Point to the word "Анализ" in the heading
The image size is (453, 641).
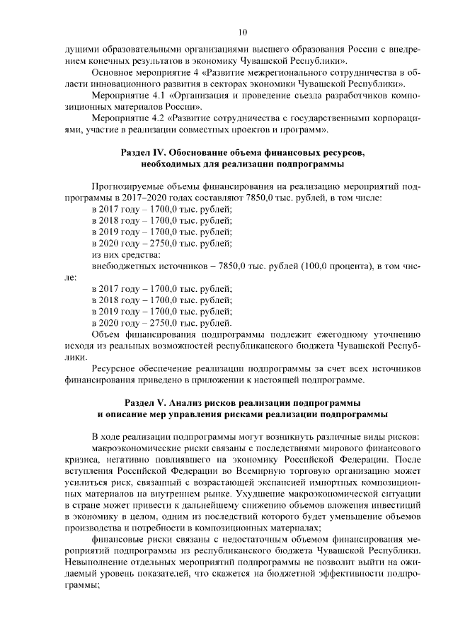pyautogui.click(x=194, y=402)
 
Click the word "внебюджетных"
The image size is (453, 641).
pyautogui.click(x=125, y=266)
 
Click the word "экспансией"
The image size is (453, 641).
pyautogui.click(x=239, y=482)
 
